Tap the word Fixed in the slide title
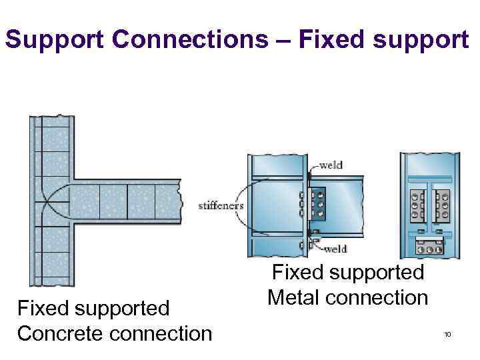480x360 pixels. tap(325, 41)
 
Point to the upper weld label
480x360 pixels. tap(331, 165)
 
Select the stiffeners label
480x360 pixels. tap(221, 206)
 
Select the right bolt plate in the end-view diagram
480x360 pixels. tap(442, 205)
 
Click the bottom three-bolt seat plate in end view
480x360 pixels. tap(430, 247)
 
